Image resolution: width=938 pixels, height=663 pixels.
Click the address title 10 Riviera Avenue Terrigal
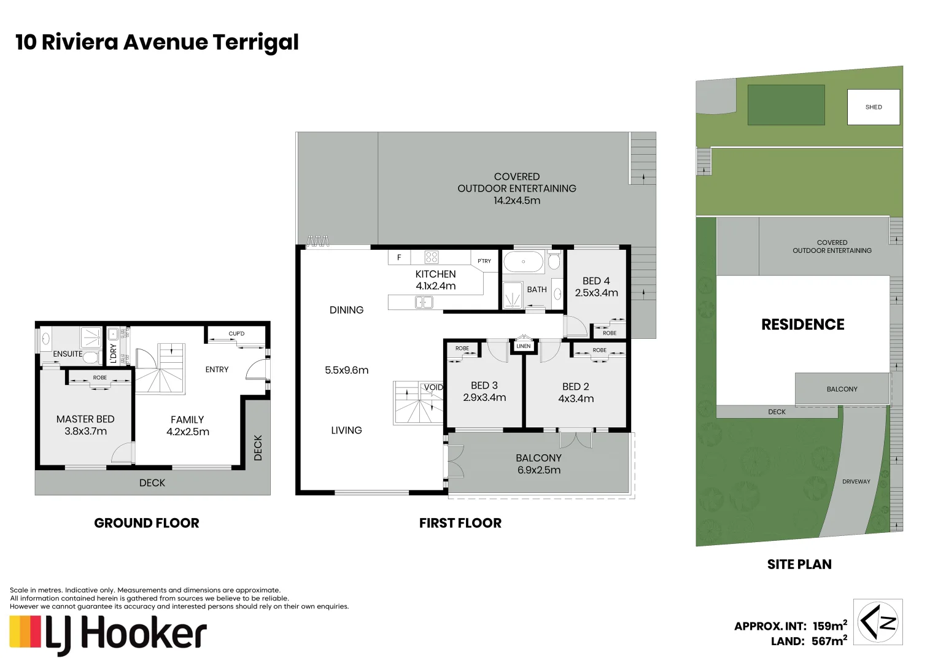tap(157, 42)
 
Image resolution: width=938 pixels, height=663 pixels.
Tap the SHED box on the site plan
tap(873, 107)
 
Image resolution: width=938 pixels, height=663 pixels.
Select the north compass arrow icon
tap(878, 622)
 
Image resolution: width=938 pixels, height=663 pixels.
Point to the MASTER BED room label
tap(85, 419)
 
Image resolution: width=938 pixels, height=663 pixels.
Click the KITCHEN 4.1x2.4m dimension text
tap(436, 286)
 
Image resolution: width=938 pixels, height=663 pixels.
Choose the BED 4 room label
tap(596, 281)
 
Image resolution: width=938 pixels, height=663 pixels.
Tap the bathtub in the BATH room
tap(523, 262)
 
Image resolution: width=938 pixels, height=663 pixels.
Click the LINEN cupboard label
tap(524, 346)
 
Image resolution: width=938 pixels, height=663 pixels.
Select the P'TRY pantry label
tap(484, 261)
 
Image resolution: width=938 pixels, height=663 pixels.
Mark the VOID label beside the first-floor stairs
tap(433, 387)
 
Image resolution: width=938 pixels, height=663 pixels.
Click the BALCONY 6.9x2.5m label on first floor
tap(538, 464)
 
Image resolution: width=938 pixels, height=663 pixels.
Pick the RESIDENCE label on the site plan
tap(802, 325)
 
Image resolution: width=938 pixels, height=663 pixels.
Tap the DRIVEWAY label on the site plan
tap(856, 482)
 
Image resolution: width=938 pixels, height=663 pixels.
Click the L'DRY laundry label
tap(113, 354)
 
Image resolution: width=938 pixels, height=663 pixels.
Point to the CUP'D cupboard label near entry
tap(236, 334)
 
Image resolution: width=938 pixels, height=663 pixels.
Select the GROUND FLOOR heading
tap(147, 523)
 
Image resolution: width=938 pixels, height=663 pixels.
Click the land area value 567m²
tap(829, 641)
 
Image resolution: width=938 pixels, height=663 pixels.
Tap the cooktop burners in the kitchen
tap(432, 257)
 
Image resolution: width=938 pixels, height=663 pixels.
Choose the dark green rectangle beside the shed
tap(786, 105)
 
